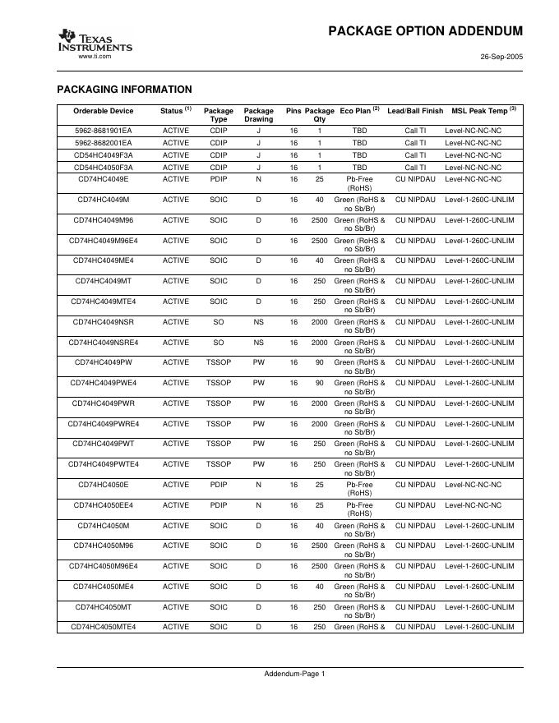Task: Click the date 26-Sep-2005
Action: (501, 57)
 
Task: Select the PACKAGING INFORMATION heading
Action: (124, 90)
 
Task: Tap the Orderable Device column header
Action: (103, 111)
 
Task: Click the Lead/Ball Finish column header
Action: (415, 111)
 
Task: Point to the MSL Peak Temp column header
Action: (483, 111)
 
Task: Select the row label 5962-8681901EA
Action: (103, 131)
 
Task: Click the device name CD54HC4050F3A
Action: (103, 167)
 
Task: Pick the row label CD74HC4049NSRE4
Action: (103, 342)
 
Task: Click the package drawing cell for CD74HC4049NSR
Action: (258, 321)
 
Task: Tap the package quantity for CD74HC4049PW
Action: (319, 362)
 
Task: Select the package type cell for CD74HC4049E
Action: (218, 179)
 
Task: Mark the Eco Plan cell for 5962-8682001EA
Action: (359, 143)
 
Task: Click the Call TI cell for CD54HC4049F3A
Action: (415, 154)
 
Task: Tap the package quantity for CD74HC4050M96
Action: (319, 546)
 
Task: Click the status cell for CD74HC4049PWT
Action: (176, 444)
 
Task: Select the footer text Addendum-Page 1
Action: (294, 675)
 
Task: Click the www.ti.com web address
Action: (94, 56)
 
